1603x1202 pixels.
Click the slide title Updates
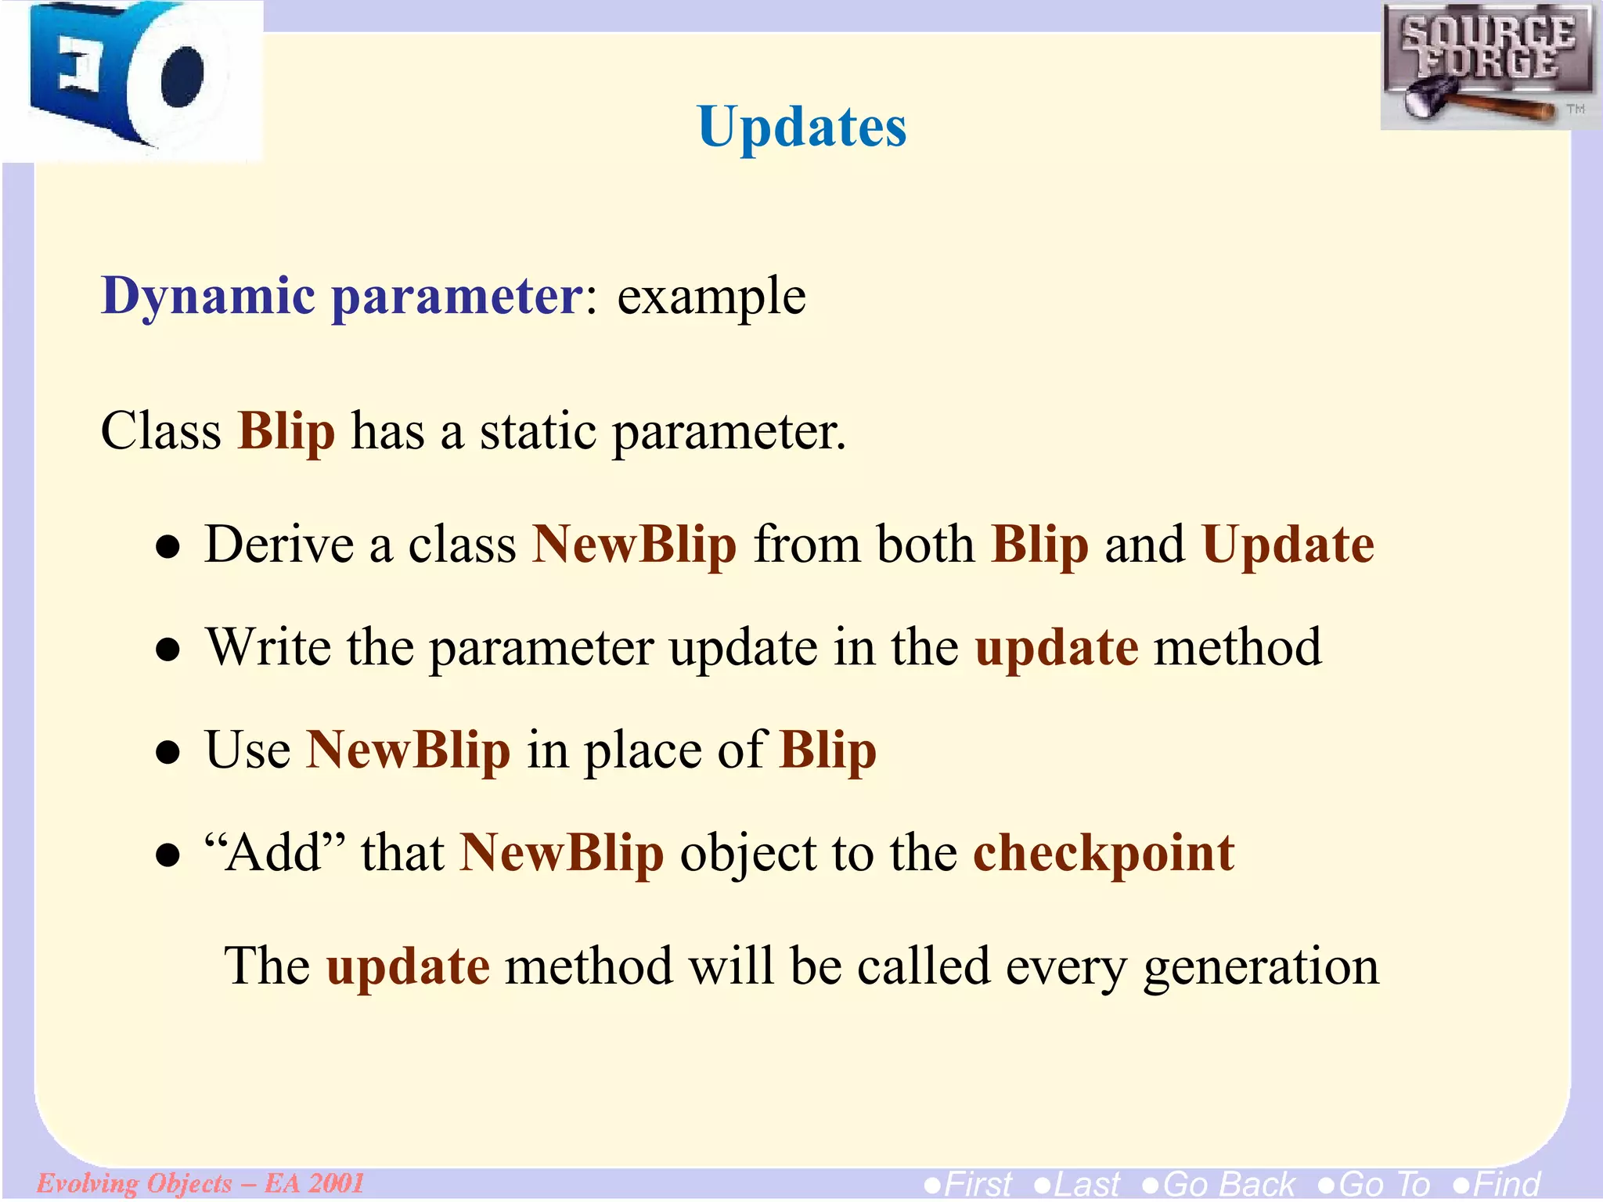[801, 127]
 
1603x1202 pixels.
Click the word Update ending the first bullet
[1288, 545]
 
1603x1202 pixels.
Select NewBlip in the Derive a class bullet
[634, 545]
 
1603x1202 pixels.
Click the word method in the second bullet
[1237, 647]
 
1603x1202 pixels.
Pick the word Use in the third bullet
[247, 750]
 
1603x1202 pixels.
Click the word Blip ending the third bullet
[827, 750]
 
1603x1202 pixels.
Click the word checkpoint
[1103, 854]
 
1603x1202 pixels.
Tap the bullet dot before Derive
[168, 548]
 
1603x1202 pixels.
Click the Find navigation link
[1496, 1184]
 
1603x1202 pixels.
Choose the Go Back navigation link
[1219, 1184]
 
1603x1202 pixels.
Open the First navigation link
[968, 1184]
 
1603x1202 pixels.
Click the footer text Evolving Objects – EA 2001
[200, 1182]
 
